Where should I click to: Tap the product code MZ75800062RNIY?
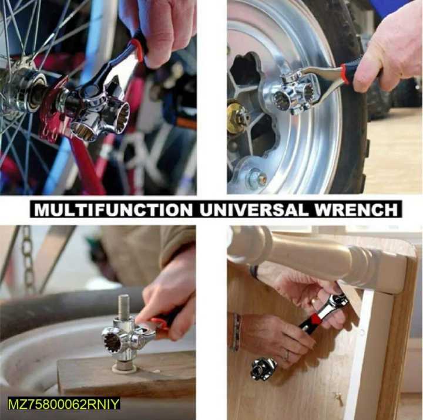pos(63,404)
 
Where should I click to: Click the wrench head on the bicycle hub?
pos(97,111)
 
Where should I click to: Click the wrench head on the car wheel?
pos(294,94)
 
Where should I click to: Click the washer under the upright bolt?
pos(124,368)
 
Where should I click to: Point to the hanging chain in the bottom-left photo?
pos(27,258)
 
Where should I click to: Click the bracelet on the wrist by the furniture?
pos(236,332)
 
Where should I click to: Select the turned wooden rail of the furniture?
pos(317,258)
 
